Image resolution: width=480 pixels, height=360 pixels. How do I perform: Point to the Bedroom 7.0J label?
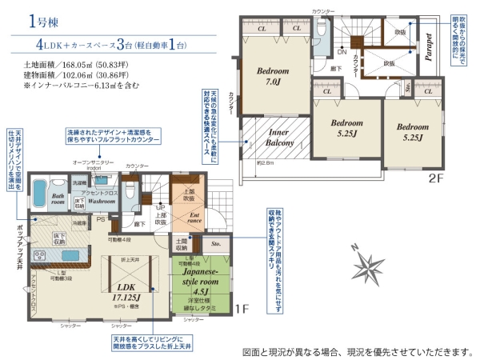pos(273,76)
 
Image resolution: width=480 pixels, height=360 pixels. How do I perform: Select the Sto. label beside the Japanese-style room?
pos(215,242)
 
